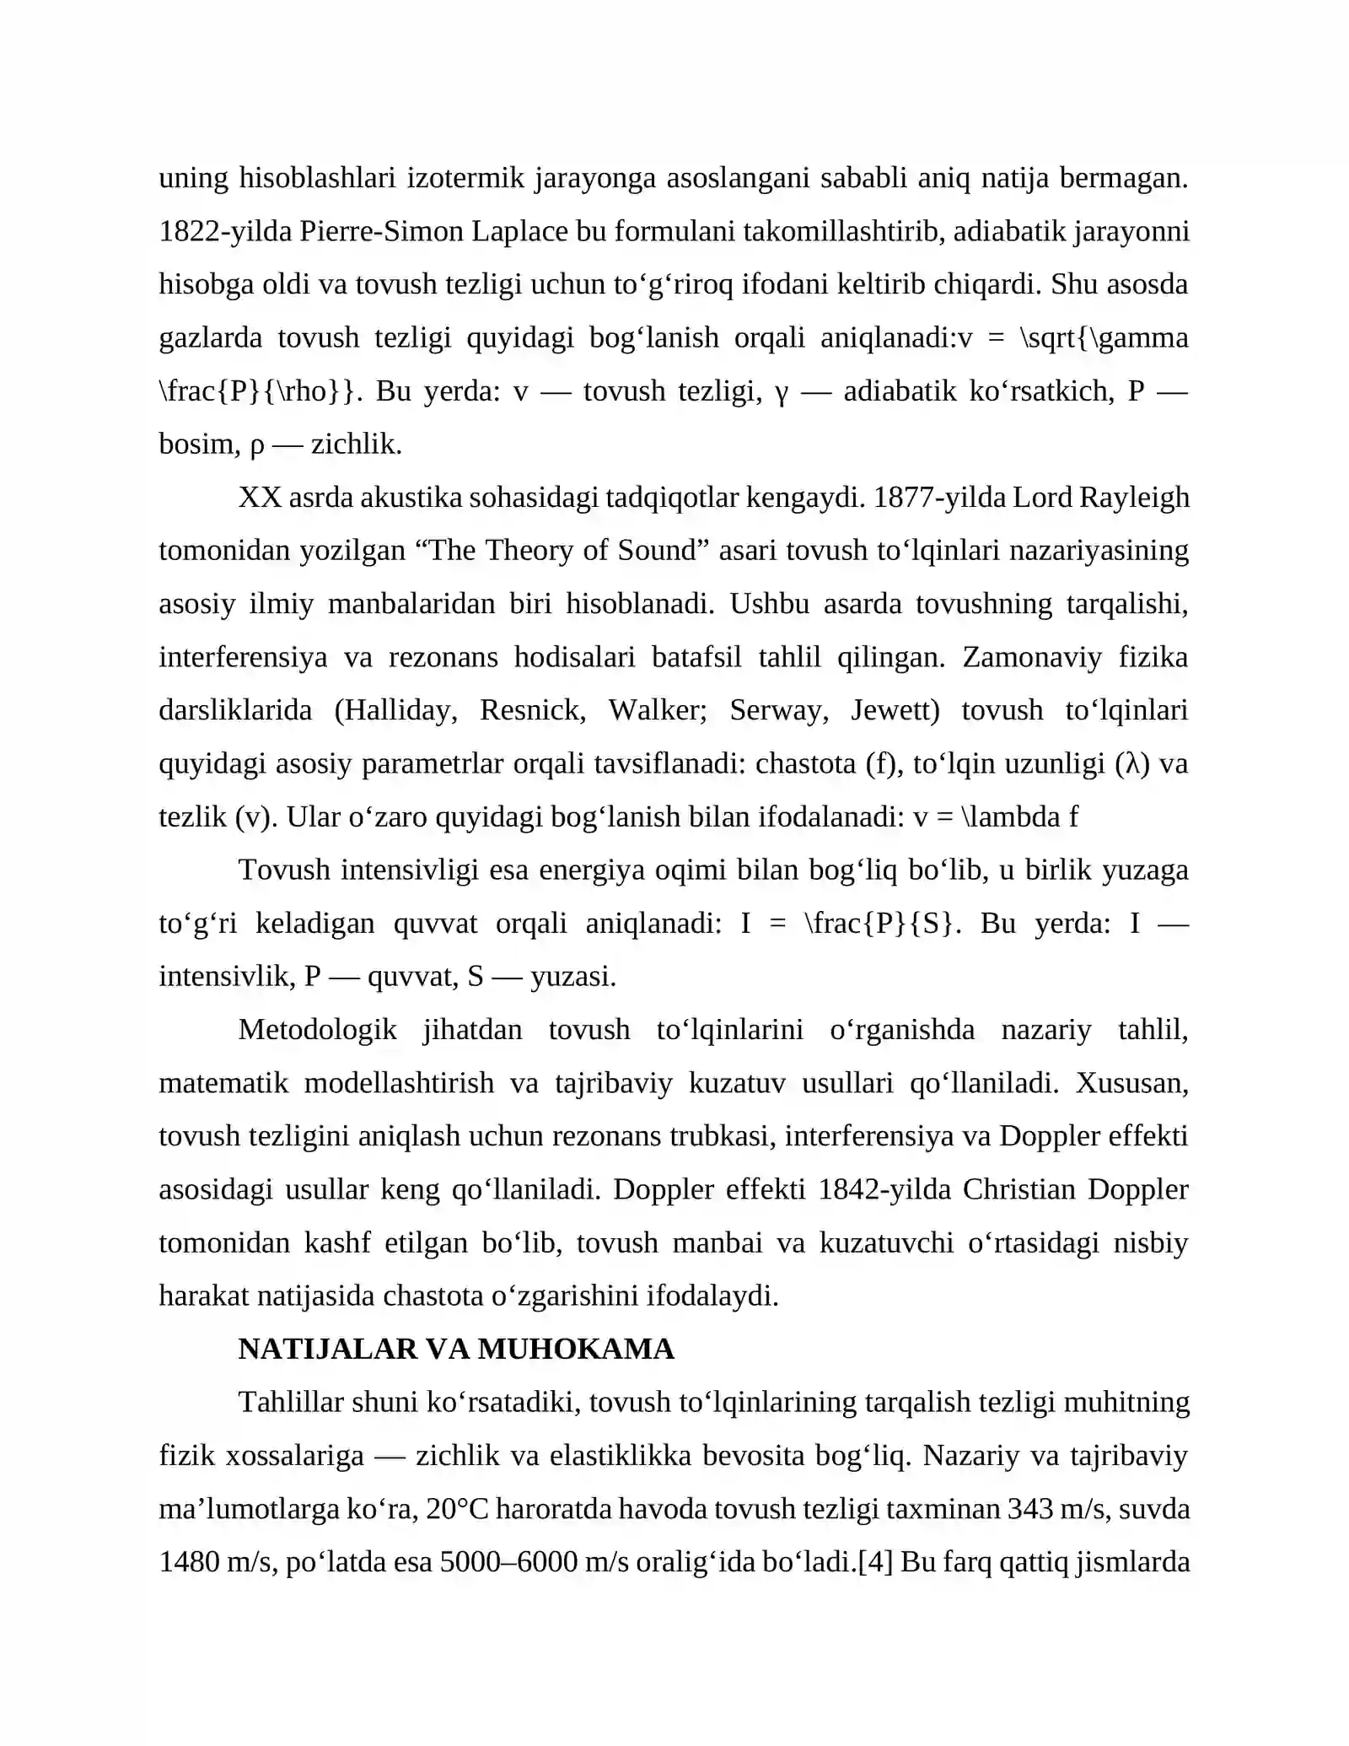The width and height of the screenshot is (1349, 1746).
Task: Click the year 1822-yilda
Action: coord(225,231)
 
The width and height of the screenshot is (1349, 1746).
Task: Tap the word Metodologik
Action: coord(318,1030)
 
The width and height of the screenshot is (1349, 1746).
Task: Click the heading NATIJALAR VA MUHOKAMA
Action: coord(456,1349)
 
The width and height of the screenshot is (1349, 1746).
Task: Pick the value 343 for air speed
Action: coord(1030,1509)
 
